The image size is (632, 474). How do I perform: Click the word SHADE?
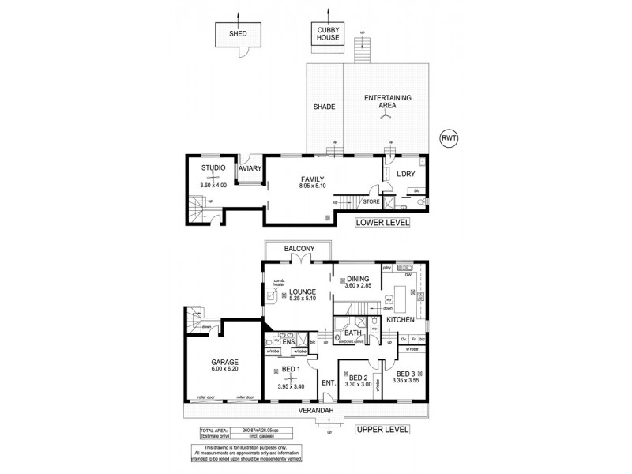click(x=324, y=107)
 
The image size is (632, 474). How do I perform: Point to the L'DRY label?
click(x=406, y=173)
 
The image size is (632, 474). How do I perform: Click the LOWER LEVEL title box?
click(x=383, y=224)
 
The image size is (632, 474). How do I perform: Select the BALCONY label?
click(x=299, y=249)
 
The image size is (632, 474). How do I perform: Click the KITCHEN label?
click(x=401, y=320)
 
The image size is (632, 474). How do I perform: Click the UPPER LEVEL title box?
click(x=382, y=430)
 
